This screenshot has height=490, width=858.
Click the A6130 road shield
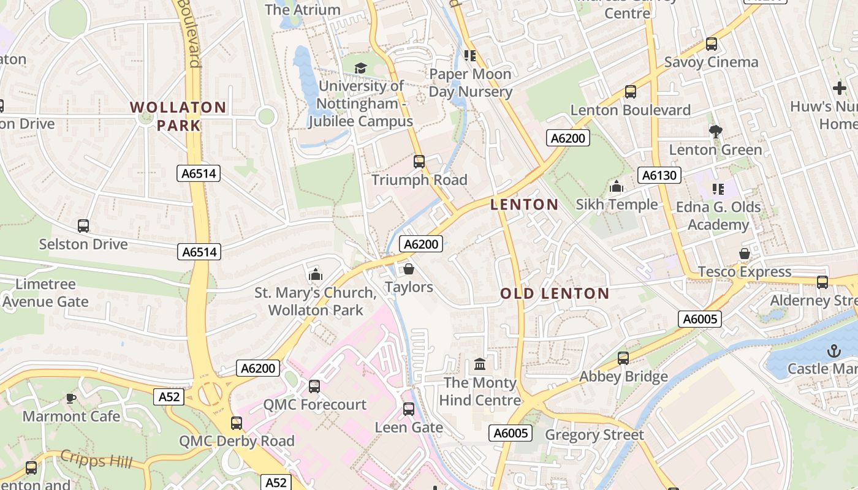click(659, 176)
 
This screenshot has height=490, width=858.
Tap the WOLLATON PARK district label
click(178, 116)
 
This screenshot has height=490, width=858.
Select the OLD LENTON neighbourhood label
click(555, 294)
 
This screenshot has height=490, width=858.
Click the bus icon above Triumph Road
click(419, 162)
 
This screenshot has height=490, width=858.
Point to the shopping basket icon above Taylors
click(409, 269)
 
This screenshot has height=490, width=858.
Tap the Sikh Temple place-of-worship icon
click(617, 186)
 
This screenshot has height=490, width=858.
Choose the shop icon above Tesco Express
click(745, 254)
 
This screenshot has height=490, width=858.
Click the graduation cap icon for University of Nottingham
click(360, 68)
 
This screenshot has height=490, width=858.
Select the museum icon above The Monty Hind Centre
click(480, 364)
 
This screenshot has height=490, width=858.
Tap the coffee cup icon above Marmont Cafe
click(71, 399)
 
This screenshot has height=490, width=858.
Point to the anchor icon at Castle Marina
click(833, 351)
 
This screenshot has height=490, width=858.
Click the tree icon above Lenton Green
click(715, 131)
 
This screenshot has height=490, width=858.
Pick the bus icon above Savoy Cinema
click(712, 44)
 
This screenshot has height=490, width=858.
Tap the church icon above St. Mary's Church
click(316, 274)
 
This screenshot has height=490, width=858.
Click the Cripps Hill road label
click(91, 459)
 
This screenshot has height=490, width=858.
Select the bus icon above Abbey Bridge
click(623, 358)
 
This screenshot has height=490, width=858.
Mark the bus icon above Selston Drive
click(83, 226)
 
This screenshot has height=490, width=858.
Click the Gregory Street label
click(594, 435)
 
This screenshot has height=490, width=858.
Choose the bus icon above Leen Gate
click(409, 409)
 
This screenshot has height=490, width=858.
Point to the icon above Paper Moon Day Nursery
click(470, 56)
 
